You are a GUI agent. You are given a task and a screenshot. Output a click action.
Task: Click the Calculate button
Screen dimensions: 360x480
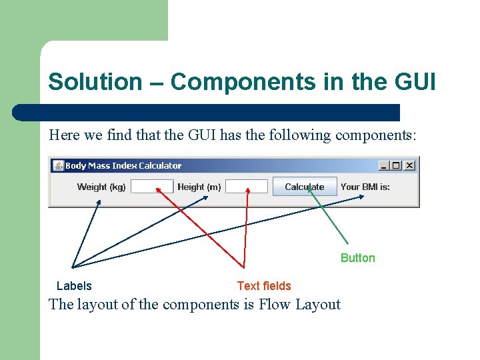pos(305,187)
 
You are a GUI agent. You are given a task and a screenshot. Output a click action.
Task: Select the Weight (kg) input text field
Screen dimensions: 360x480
pos(152,187)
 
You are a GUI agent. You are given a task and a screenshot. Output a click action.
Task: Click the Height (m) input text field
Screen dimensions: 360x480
pos(247,187)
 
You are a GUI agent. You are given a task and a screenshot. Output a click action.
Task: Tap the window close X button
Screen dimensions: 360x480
pos(409,165)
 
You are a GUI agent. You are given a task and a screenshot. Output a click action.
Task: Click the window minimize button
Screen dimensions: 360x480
pos(385,165)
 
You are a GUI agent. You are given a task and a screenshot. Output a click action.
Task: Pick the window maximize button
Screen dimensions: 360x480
pos(397,165)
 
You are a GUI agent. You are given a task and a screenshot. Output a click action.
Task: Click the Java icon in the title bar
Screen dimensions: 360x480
pos(58,165)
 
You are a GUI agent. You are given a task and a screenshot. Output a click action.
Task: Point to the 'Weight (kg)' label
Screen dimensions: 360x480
pos(101,187)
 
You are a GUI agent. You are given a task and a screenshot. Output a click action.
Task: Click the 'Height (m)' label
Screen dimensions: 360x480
pos(199,187)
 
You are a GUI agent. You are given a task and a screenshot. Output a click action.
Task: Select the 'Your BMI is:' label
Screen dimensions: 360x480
pos(365,187)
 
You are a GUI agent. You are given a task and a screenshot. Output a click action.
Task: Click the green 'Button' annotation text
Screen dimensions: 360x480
pos(357,258)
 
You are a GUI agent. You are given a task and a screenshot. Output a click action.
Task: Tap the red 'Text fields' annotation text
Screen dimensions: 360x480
pos(264,286)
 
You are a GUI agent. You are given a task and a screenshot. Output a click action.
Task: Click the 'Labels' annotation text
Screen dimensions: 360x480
pos(74,286)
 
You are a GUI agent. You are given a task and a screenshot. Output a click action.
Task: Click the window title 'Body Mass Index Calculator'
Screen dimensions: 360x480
pos(123,165)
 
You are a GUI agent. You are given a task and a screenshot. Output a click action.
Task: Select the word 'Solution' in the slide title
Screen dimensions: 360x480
pos(95,82)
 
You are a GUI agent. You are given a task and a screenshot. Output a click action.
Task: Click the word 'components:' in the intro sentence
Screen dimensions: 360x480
pos(376,135)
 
